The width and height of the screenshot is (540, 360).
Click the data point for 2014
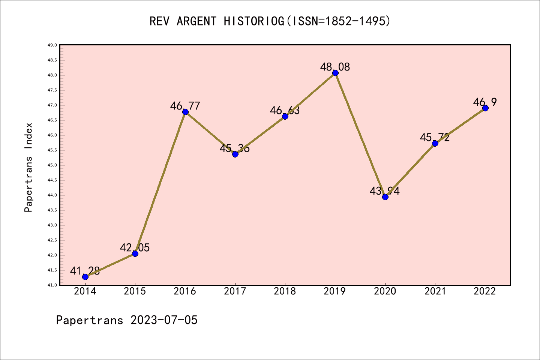[x=85, y=277]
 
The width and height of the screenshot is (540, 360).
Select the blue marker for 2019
[x=335, y=73]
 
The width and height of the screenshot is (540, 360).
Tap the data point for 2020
[x=385, y=197]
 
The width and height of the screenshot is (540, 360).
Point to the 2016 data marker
[x=185, y=112]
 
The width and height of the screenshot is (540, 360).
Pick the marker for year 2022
[x=485, y=108]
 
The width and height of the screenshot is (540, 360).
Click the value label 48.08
[x=335, y=67]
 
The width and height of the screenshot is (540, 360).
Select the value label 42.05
[x=135, y=248]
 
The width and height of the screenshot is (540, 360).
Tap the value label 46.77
[x=185, y=106]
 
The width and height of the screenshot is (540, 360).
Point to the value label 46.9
[x=485, y=102]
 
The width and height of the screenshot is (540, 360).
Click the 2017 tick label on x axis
[x=235, y=291]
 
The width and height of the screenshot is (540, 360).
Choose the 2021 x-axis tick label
[x=435, y=291]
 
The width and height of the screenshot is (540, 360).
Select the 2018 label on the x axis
[x=285, y=291]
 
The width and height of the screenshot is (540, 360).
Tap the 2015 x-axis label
[x=135, y=291]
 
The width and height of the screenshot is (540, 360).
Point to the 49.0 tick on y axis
[x=52, y=45]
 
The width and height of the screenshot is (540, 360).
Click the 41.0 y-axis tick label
[x=52, y=285]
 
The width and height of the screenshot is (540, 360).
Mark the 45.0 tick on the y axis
[x=52, y=165]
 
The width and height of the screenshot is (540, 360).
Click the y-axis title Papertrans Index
[x=28, y=167]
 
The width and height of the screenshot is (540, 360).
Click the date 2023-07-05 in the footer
[x=164, y=320]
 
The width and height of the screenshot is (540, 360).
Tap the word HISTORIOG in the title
[x=254, y=21]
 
